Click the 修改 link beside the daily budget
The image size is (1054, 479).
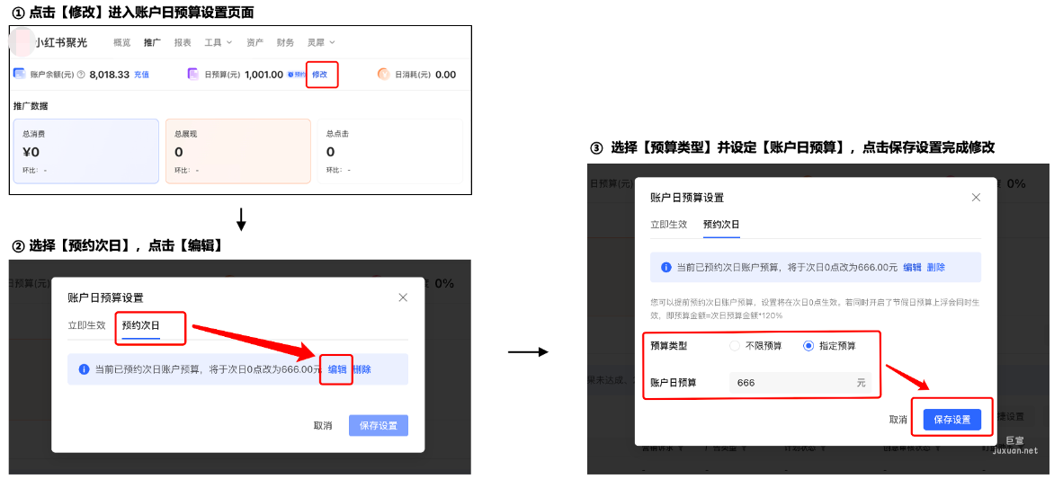click(319, 75)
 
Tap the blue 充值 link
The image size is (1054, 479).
click(141, 75)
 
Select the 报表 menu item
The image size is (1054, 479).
click(183, 42)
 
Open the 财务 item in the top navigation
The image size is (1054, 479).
click(285, 42)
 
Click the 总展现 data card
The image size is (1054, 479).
click(237, 151)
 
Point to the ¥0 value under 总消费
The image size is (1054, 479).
click(31, 152)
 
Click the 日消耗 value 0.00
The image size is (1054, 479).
click(445, 75)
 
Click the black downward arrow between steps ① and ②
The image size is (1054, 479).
click(241, 219)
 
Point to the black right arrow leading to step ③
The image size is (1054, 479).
click(528, 351)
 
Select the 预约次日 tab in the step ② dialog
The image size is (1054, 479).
click(140, 325)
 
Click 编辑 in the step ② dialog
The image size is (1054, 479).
click(337, 369)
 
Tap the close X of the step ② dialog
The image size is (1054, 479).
click(403, 297)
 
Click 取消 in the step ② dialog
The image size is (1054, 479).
click(323, 426)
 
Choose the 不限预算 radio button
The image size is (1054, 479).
click(735, 346)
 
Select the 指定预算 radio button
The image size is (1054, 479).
click(808, 346)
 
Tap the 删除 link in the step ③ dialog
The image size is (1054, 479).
click(936, 268)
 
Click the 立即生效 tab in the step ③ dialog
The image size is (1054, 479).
click(669, 225)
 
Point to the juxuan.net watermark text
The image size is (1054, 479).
click(1014, 451)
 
